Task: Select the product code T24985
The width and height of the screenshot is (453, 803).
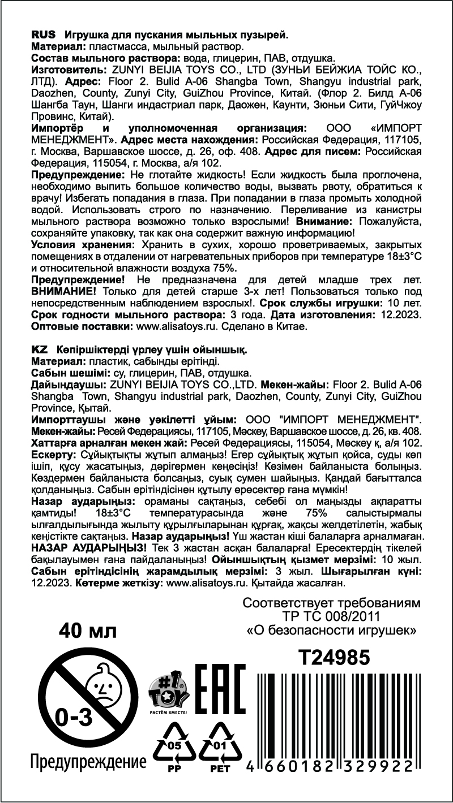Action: click(x=334, y=657)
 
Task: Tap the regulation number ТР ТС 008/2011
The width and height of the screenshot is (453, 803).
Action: click(x=332, y=616)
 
